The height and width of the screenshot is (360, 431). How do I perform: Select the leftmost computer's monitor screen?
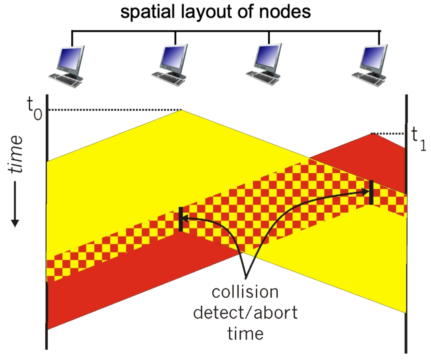click(x=70, y=58)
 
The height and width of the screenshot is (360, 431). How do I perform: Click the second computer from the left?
click(x=169, y=65)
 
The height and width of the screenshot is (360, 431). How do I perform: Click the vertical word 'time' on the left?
click(x=15, y=154)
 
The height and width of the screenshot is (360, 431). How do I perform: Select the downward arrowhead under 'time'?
click(x=15, y=223)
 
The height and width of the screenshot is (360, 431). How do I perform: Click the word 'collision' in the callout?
click(x=245, y=292)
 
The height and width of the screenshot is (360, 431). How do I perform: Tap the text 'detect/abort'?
click(x=245, y=313)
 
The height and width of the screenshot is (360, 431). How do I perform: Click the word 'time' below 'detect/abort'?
click(x=245, y=333)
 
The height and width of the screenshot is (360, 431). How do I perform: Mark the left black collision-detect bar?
click(x=181, y=219)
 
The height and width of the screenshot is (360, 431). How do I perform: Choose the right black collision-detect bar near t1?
click(x=371, y=192)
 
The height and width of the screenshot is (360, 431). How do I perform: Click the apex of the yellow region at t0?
click(x=181, y=110)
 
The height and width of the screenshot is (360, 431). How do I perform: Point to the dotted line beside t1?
click(x=389, y=133)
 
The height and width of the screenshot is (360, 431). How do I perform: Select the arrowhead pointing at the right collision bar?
click(x=366, y=192)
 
